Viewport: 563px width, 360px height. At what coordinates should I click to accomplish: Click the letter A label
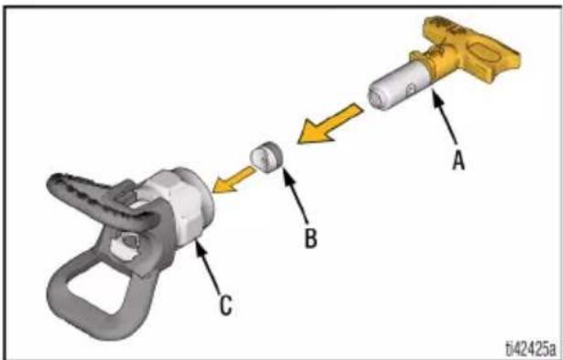click(x=459, y=160)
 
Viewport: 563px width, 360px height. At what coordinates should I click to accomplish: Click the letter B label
click(x=311, y=238)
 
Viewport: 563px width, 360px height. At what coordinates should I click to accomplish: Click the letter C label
click(x=225, y=306)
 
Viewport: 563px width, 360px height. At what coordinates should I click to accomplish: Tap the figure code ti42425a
click(x=531, y=348)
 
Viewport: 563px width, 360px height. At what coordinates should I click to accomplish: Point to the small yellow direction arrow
click(x=233, y=179)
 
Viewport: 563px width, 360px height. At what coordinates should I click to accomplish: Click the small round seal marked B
click(x=266, y=157)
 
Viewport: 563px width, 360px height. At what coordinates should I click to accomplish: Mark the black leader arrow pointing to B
click(x=296, y=195)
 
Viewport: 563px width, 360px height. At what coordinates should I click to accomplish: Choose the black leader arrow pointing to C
click(x=207, y=267)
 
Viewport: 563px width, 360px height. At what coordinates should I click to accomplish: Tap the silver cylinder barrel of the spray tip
click(x=398, y=86)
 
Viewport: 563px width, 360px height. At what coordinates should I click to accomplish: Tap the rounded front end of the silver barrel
click(x=377, y=97)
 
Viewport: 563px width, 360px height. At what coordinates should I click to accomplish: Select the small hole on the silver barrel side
click(x=411, y=87)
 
